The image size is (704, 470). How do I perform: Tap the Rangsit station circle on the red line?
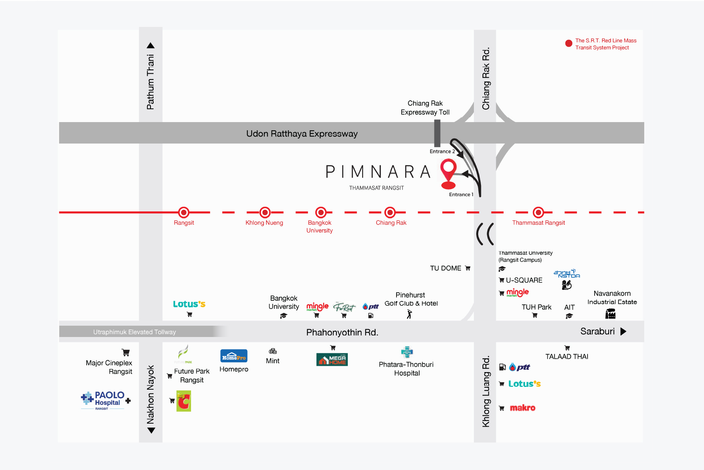[x=184, y=213]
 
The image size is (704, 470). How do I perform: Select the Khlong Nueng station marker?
[x=265, y=213]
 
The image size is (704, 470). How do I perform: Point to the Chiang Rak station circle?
[x=390, y=213]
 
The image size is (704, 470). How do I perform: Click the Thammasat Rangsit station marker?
[x=538, y=213]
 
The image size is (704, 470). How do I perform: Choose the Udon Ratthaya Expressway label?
[x=302, y=134]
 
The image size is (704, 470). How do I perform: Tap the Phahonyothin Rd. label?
[x=342, y=332]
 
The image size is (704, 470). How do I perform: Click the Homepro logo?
[x=234, y=356]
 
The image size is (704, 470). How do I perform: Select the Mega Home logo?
[x=332, y=359]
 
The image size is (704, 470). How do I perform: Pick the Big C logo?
[x=184, y=401]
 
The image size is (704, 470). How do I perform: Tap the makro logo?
[x=523, y=408]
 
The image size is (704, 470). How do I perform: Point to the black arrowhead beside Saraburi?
[x=623, y=332]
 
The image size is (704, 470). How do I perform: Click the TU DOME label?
[x=446, y=268]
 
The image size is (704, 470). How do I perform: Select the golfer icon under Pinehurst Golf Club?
[x=409, y=314]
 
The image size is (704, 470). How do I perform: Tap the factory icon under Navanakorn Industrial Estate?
[x=610, y=314]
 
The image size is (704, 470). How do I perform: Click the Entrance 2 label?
[x=442, y=151]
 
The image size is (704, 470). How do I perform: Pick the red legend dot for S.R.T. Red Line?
[x=569, y=43]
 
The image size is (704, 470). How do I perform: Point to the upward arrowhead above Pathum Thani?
[x=151, y=45]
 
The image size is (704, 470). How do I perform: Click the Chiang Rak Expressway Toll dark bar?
[x=438, y=133]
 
